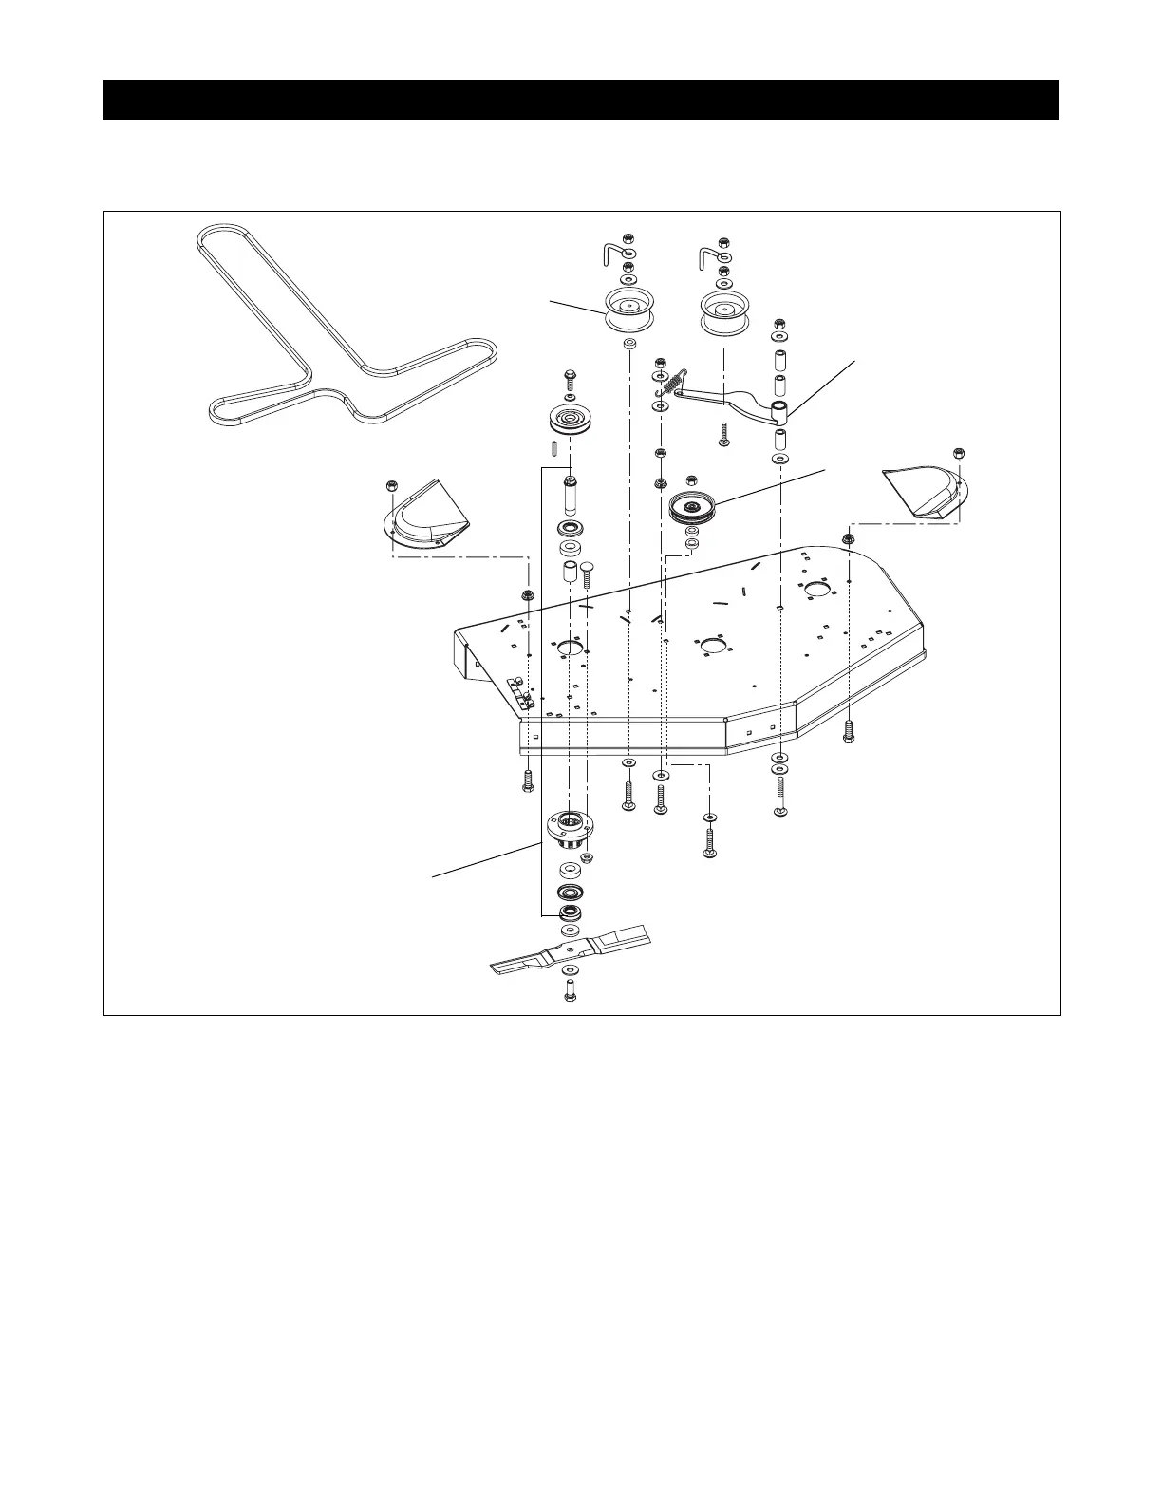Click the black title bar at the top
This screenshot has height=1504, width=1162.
tap(580, 100)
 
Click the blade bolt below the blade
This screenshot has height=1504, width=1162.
tap(569, 989)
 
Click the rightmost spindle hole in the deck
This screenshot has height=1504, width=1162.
tap(815, 590)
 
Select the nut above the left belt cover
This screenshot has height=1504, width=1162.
tap(391, 486)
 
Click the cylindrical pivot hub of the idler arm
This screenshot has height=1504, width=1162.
tap(779, 411)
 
